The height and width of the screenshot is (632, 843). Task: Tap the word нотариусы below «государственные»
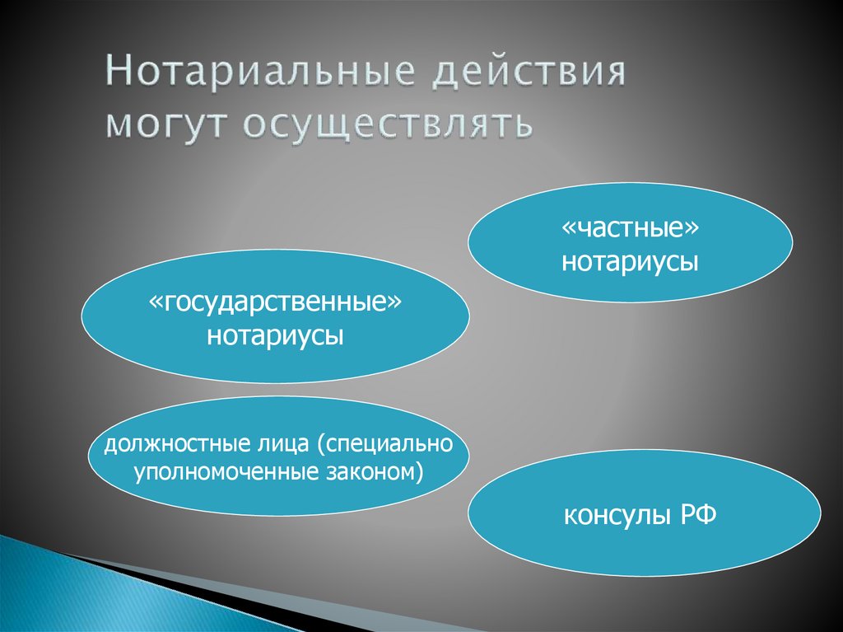(x=276, y=336)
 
